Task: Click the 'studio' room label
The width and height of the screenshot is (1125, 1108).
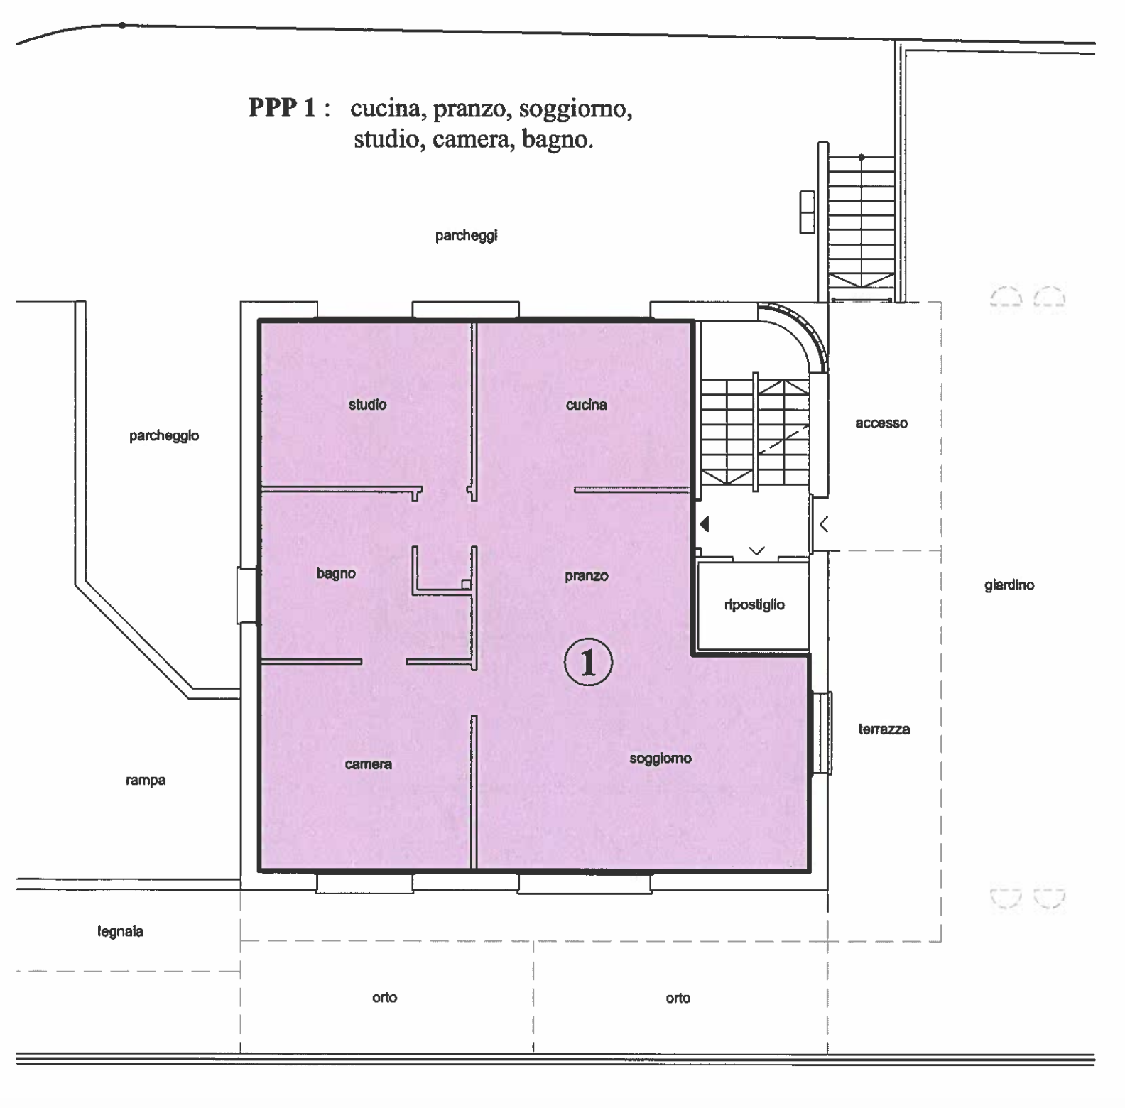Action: (367, 405)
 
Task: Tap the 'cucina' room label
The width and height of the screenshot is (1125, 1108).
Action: (587, 405)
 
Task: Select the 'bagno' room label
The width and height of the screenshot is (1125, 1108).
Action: (336, 574)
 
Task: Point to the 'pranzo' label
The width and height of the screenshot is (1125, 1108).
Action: (587, 576)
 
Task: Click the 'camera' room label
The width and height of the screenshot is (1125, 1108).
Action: (368, 765)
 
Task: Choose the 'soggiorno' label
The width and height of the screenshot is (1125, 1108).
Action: (661, 759)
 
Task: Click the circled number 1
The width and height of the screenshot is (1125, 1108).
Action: (588, 662)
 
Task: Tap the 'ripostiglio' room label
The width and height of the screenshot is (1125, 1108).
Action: (754, 605)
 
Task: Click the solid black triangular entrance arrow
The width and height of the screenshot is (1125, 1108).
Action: (704, 524)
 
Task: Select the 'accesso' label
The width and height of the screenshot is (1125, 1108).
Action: (881, 423)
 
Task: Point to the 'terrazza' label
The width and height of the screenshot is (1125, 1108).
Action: (884, 729)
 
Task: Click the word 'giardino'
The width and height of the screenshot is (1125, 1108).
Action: (1009, 585)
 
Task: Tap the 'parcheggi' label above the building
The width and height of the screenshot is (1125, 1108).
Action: (466, 236)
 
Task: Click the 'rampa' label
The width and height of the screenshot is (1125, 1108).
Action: (146, 781)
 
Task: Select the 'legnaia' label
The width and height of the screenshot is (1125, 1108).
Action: (120, 932)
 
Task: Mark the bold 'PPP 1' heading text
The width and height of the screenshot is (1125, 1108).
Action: (281, 108)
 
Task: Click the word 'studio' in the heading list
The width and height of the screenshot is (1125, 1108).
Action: (386, 138)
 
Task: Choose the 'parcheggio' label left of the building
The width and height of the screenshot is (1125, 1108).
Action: (164, 436)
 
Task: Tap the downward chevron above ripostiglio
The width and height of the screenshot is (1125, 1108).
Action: (756, 550)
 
